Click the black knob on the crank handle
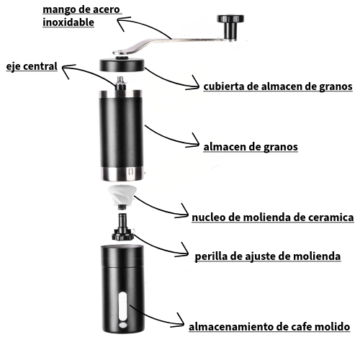pyautogui.click(x=230, y=27)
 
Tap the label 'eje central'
pyautogui.click(x=32, y=66)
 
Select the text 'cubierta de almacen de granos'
pyautogui.click(x=278, y=86)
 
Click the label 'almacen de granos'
pyautogui.click(x=251, y=147)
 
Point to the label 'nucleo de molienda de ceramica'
pyautogui.click(x=273, y=217)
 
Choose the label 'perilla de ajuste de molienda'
pyautogui.click(x=268, y=256)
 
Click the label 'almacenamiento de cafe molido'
pyautogui.click(x=269, y=327)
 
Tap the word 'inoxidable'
pyautogui.click(x=68, y=22)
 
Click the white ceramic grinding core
pyautogui.click(x=122, y=195)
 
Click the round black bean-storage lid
pyautogui.click(x=122, y=64)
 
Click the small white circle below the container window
pyautogui.click(x=123, y=325)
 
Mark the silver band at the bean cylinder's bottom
pyautogui.click(x=122, y=174)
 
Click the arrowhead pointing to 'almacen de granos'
pyautogui.click(x=194, y=142)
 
